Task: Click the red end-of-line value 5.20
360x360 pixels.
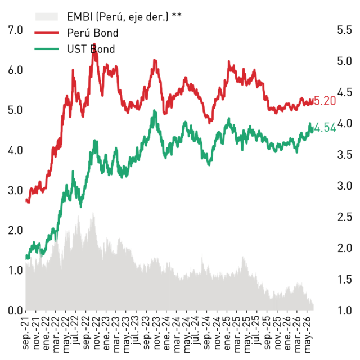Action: (325, 101)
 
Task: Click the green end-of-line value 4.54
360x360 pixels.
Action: (325, 128)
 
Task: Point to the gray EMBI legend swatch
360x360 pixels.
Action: (46, 17)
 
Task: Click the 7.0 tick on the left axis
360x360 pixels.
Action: (15, 30)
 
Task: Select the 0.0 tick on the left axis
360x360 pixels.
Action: (15, 310)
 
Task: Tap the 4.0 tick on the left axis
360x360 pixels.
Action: (15, 150)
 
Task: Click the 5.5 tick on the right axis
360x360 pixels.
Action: (344, 30)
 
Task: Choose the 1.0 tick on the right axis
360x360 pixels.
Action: (344, 310)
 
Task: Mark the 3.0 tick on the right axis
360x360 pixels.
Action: (344, 186)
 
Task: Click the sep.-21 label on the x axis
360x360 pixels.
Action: (25, 333)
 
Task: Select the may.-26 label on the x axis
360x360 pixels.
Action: (307, 334)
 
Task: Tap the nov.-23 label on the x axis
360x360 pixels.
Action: (156, 333)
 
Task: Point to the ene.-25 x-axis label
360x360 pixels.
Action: (227, 333)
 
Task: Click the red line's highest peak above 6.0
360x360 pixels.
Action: (95, 44)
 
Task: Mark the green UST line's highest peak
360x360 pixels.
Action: (155, 111)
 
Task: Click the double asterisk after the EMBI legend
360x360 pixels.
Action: (177, 15)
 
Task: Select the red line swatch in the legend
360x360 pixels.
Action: (47, 33)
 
